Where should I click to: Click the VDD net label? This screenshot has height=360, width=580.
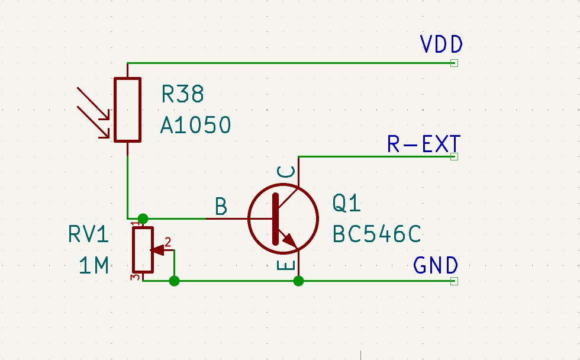point(442,44)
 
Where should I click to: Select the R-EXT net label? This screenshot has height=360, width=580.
point(424,144)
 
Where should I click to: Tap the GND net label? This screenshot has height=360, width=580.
point(436,265)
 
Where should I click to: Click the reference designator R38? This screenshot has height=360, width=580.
point(182,94)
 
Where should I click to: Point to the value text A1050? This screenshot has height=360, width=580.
point(196,125)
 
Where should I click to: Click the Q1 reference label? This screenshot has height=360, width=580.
point(347,203)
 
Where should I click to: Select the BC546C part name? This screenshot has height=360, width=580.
point(377,234)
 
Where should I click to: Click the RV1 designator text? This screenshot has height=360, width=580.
point(88,234)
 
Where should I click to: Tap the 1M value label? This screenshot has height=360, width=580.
point(94,265)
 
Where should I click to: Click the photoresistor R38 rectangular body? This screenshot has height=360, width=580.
point(128,110)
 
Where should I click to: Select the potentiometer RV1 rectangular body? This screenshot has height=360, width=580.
point(143,250)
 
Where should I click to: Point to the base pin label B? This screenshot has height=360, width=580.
point(221,206)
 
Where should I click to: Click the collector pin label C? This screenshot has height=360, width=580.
point(286,172)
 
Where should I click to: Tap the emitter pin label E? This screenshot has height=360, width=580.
point(286,265)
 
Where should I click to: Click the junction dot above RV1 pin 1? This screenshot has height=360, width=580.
point(143,218)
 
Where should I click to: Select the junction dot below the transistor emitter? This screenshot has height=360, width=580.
point(298,281)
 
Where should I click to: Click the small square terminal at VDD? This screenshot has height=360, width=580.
point(455,63)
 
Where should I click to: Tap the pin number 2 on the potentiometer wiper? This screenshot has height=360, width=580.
point(168,242)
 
